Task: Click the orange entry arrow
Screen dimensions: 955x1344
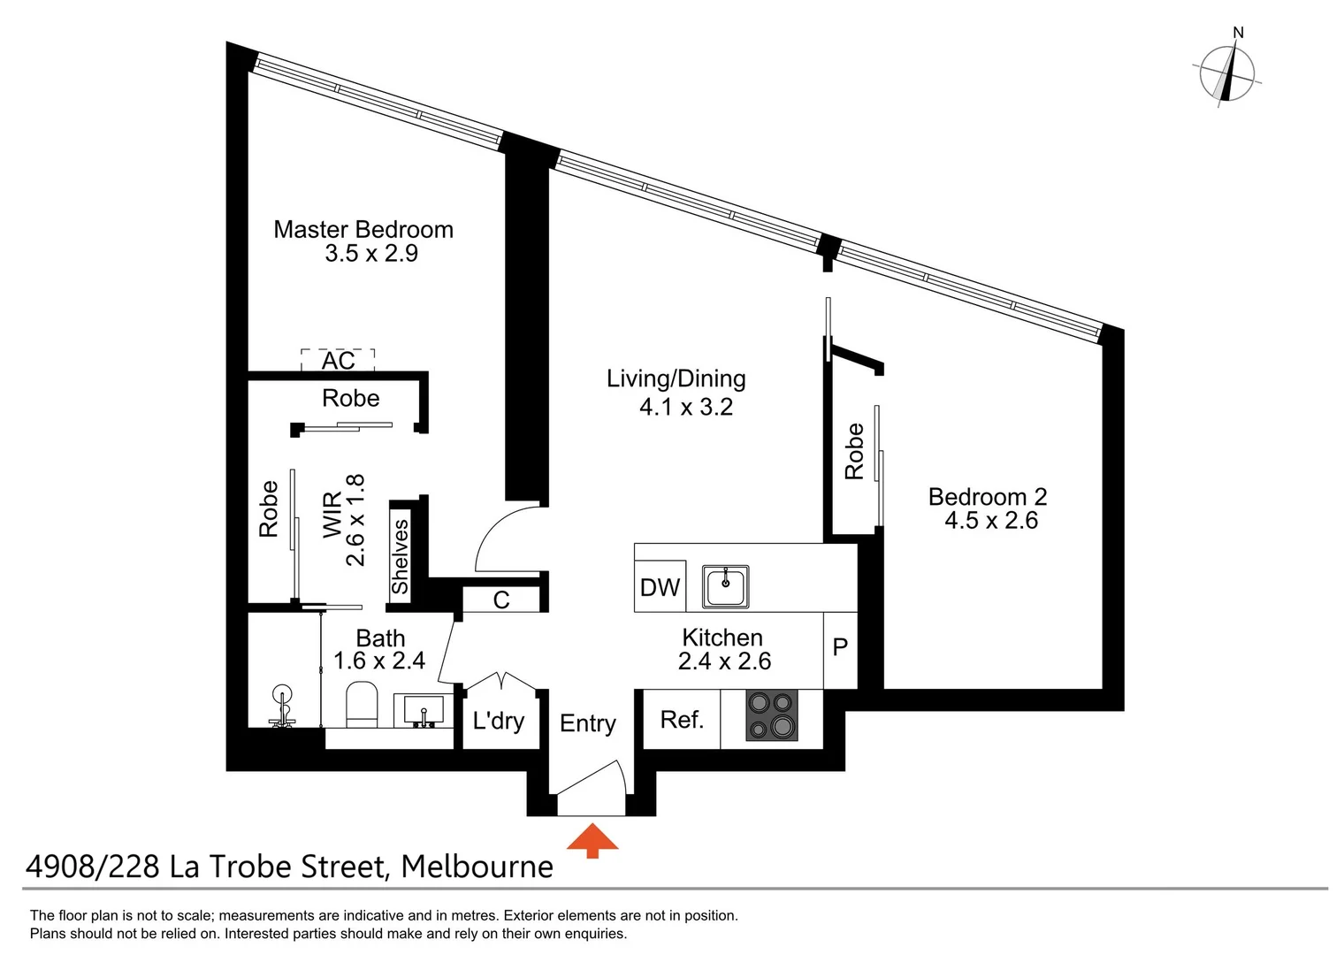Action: [592, 841]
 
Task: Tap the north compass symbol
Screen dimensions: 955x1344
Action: [1227, 73]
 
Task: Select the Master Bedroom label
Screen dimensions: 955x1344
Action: [363, 230]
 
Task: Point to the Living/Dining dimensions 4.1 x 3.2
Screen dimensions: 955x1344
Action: [686, 407]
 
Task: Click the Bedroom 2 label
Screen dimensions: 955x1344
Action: [988, 497]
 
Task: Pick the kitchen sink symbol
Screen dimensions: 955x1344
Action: [725, 587]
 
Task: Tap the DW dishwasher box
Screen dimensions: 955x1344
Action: [661, 587]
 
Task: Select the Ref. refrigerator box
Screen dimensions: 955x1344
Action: [682, 720]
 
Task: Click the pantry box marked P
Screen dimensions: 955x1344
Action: [840, 648]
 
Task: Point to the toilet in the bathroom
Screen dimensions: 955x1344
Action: [361, 705]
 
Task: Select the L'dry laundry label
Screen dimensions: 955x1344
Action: [499, 721]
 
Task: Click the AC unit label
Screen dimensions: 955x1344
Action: [338, 361]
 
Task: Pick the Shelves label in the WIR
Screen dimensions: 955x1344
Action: [401, 556]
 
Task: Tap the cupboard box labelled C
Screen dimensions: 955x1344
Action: [501, 600]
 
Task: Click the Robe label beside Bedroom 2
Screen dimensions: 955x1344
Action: [854, 452]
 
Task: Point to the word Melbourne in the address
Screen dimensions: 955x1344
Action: [477, 867]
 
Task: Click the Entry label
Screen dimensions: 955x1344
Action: [588, 723]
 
